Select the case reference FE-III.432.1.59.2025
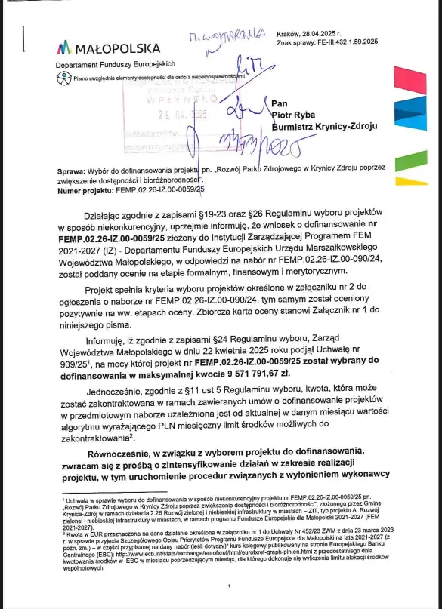pos(340,44)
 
